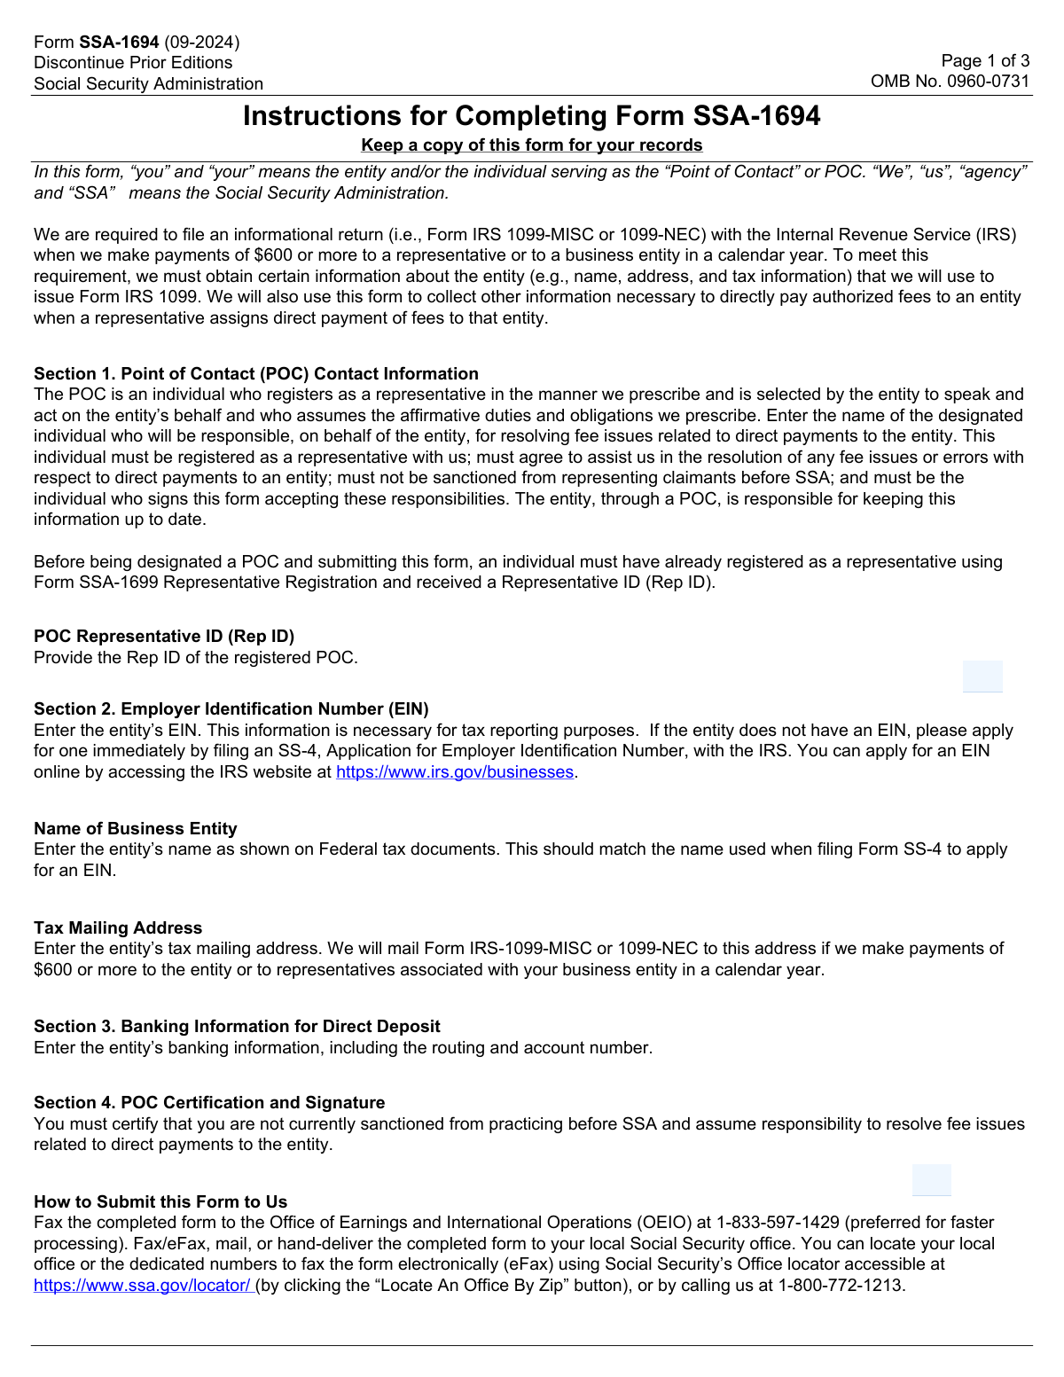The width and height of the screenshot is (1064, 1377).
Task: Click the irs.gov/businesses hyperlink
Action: pyautogui.click(x=454, y=772)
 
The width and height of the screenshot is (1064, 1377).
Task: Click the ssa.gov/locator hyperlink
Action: pyautogui.click(x=142, y=1285)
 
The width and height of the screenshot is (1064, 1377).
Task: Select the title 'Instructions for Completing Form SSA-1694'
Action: pyautogui.click(x=531, y=116)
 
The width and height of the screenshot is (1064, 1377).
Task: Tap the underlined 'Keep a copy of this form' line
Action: pyautogui.click(x=531, y=145)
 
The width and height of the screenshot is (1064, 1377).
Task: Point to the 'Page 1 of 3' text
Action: pyautogui.click(x=985, y=61)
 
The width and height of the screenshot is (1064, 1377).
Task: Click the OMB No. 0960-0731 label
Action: pyautogui.click(x=951, y=82)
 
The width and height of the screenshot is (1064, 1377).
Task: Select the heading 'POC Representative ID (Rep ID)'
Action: pyautogui.click(x=164, y=636)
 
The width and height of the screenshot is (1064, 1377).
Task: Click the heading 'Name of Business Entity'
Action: pyautogui.click(x=136, y=828)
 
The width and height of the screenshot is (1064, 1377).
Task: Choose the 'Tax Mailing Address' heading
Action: pyautogui.click(x=118, y=927)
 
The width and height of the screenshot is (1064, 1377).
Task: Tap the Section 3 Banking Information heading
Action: pyautogui.click(x=237, y=1026)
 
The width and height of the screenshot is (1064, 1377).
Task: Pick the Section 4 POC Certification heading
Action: pyautogui.click(x=209, y=1102)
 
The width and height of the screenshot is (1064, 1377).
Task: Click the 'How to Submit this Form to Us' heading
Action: pyautogui.click(x=160, y=1201)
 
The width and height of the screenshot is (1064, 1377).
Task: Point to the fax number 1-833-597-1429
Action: pyautogui.click(x=778, y=1223)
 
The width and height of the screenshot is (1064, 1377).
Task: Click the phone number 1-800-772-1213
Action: pyautogui.click(x=840, y=1285)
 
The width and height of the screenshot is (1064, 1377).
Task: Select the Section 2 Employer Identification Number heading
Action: pyautogui.click(x=231, y=708)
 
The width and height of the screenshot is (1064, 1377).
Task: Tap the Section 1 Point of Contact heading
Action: pyautogui.click(x=256, y=373)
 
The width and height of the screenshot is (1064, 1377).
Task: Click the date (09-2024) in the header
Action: pyautogui.click(x=201, y=42)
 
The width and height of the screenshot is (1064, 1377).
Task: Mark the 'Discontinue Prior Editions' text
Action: pyautogui.click(x=133, y=62)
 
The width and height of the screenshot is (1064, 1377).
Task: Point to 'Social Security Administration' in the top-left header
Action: pyautogui.click(x=148, y=83)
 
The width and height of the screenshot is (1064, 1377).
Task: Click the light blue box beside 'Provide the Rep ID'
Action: pyautogui.click(x=982, y=676)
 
